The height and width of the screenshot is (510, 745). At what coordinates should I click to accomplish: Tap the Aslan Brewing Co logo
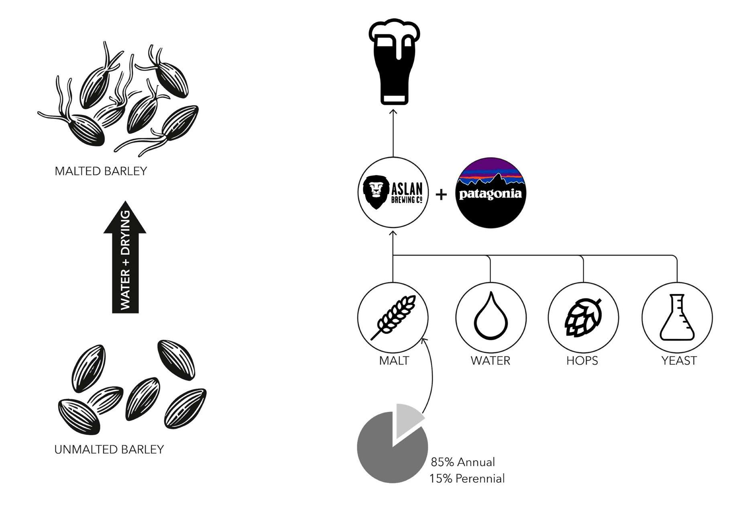pyautogui.click(x=393, y=193)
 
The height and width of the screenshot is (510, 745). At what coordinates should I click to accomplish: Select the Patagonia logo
pyautogui.click(x=491, y=193)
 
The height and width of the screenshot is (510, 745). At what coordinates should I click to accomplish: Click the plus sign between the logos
pyautogui.click(x=441, y=195)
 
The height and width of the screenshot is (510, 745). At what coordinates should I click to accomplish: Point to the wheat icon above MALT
pyautogui.click(x=393, y=317)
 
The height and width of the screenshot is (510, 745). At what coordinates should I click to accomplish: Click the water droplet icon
pyautogui.click(x=491, y=317)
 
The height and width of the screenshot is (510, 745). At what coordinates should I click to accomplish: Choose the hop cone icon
pyautogui.click(x=583, y=317)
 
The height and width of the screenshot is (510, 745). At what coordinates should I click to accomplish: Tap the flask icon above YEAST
pyautogui.click(x=677, y=317)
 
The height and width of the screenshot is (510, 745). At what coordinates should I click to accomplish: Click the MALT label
pyautogui.click(x=394, y=360)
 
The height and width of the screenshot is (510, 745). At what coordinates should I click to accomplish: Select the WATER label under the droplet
pyautogui.click(x=491, y=360)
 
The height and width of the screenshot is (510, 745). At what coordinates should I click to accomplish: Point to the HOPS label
pyautogui.click(x=582, y=360)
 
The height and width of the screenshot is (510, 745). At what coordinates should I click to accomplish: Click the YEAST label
pyautogui.click(x=679, y=360)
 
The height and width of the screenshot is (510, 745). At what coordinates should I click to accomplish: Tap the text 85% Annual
pyautogui.click(x=463, y=462)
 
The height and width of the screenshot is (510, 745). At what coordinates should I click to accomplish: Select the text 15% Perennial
pyautogui.click(x=467, y=479)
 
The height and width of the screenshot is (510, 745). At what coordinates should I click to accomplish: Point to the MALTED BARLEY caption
pyautogui.click(x=101, y=171)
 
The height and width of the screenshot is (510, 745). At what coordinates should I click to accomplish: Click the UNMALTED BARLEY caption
pyautogui.click(x=109, y=449)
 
